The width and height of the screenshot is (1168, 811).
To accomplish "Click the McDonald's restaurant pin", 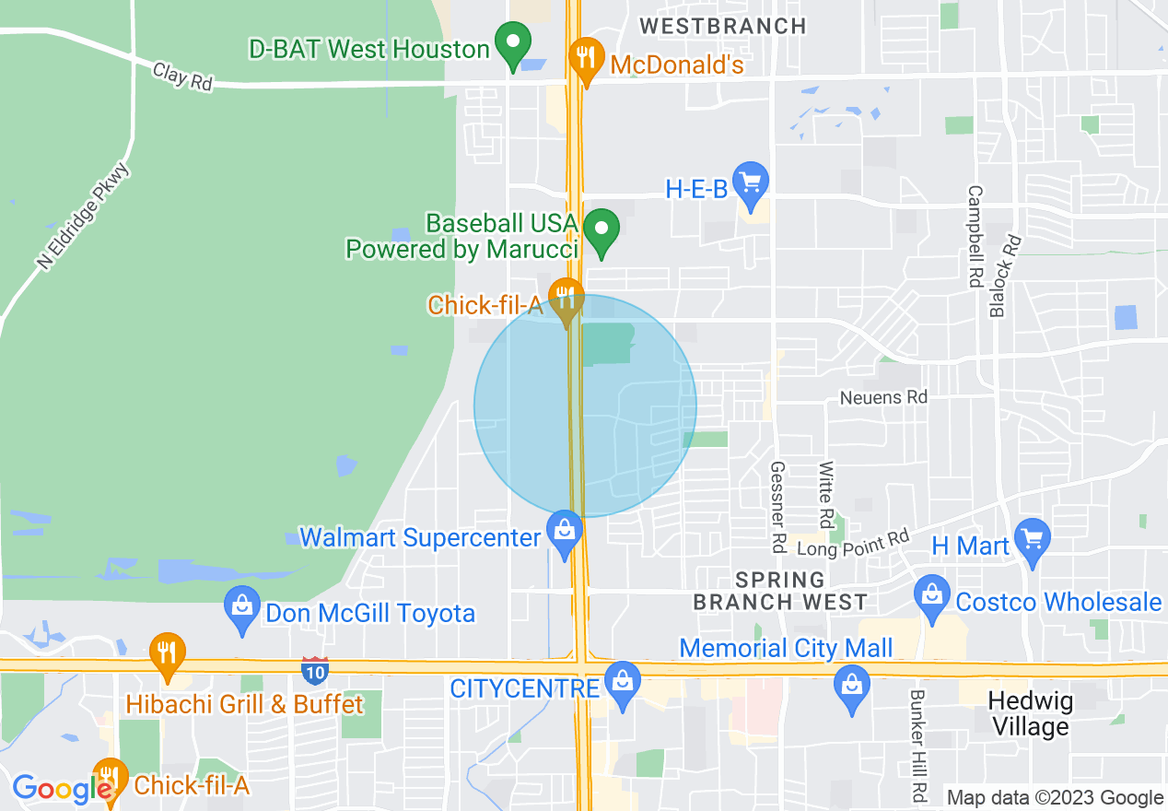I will click(585, 57).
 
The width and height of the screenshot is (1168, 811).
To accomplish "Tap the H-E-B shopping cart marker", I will click(751, 182).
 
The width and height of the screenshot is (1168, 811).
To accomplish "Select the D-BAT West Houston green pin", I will click(513, 44).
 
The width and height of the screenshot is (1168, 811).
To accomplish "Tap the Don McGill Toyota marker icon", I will click(242, 608).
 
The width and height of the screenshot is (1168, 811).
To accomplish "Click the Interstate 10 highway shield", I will click(315, 671).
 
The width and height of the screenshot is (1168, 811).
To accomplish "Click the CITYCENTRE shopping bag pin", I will click(624, 683).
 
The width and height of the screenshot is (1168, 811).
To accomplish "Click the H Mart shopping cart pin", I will click(1032, 539).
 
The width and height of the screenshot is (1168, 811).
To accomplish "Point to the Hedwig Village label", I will click(1031, 713).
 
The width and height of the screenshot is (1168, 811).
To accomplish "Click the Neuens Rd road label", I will click(883, 397).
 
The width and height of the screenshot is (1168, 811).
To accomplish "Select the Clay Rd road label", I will click(182, 76).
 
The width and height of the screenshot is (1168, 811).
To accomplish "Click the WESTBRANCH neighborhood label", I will click(723, 26).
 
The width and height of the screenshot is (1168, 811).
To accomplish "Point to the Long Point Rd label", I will click(853, 543).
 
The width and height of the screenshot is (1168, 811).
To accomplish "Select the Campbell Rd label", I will click(975, 237).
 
